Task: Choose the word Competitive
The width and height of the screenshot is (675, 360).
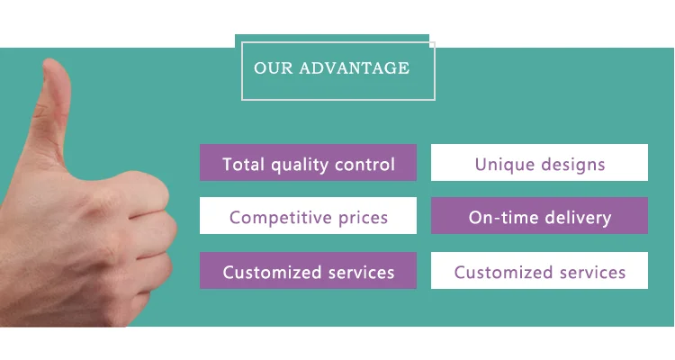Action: click(x=277, y=218)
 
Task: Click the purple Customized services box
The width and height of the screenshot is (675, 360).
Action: click(x=308, y=272)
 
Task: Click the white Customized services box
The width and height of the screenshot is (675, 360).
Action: click(x=539, y=272)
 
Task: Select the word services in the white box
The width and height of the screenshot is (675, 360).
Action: click(x=590, y=272)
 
